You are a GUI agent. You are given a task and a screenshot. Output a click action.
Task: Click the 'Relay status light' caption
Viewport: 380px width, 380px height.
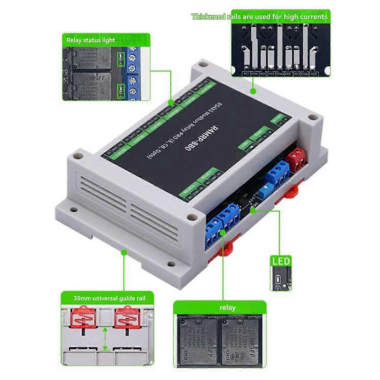(x=91, y=40)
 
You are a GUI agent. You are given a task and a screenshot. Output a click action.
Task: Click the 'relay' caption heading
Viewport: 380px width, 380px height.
(x=227, y=307)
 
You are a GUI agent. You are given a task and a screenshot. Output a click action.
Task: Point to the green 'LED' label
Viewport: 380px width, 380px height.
(x=281, y=261)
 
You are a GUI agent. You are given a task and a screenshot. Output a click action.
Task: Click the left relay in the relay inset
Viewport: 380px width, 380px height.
(x=196, y=339)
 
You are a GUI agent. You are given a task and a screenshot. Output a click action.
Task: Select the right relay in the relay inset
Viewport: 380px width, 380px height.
(x=242, y=339)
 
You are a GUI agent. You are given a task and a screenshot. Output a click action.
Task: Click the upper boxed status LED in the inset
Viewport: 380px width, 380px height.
(x=121, y=59)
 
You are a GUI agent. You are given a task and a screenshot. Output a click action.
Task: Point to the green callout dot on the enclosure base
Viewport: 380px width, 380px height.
(x=124, y=252)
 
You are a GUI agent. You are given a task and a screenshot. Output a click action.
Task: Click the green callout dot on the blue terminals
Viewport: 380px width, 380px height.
(x=223, y=233)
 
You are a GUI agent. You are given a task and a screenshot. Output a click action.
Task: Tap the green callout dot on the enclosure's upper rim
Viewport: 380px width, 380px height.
(x=253, y=91)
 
